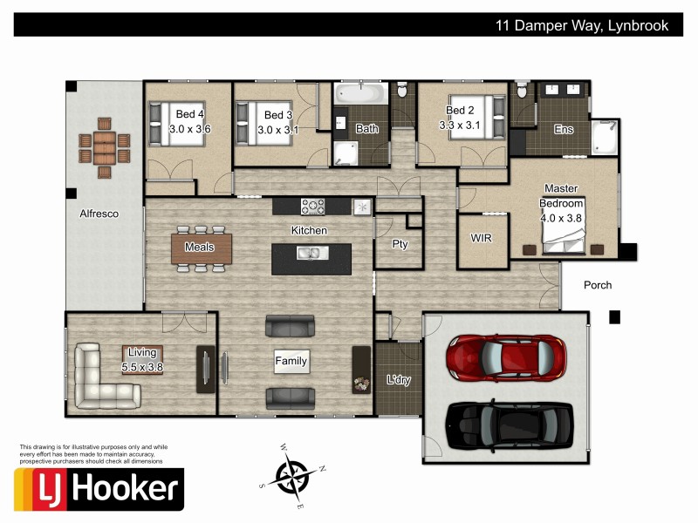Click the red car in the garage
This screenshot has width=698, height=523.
[x=506, y=356]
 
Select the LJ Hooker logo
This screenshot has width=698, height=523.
[x=99, y=489]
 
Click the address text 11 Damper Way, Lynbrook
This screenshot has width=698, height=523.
[x=582, y=25]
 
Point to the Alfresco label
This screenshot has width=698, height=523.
[x=99, y=214]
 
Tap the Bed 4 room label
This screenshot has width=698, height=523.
[x=189, y=114]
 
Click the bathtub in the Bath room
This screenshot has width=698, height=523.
[x=359, y=92]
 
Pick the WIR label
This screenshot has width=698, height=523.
[x=482, y=238]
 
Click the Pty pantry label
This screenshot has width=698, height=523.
[x=400, y=244]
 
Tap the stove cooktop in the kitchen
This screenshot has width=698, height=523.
[x=313, y=207]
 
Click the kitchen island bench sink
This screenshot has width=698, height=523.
[x=308, y=254]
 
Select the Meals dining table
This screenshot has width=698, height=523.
[x=202, y=248]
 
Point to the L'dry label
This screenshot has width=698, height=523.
[x=398, y=380]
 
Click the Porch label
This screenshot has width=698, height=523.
[x=598, y=285]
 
